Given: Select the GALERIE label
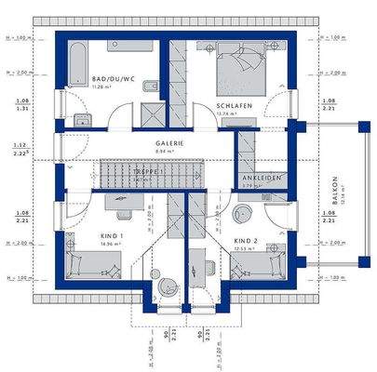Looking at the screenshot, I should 169,142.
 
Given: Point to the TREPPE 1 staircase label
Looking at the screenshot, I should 150,172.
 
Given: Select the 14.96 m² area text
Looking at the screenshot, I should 113,246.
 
